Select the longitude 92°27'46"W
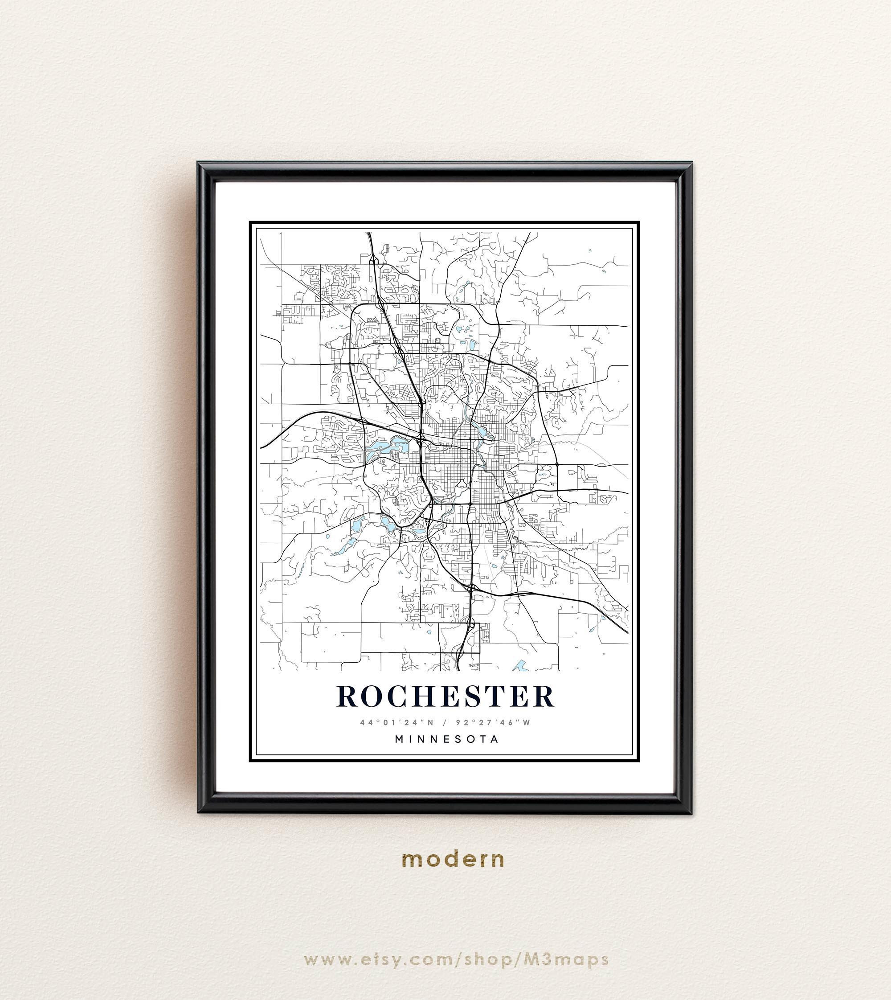492,722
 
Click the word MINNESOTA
446,739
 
